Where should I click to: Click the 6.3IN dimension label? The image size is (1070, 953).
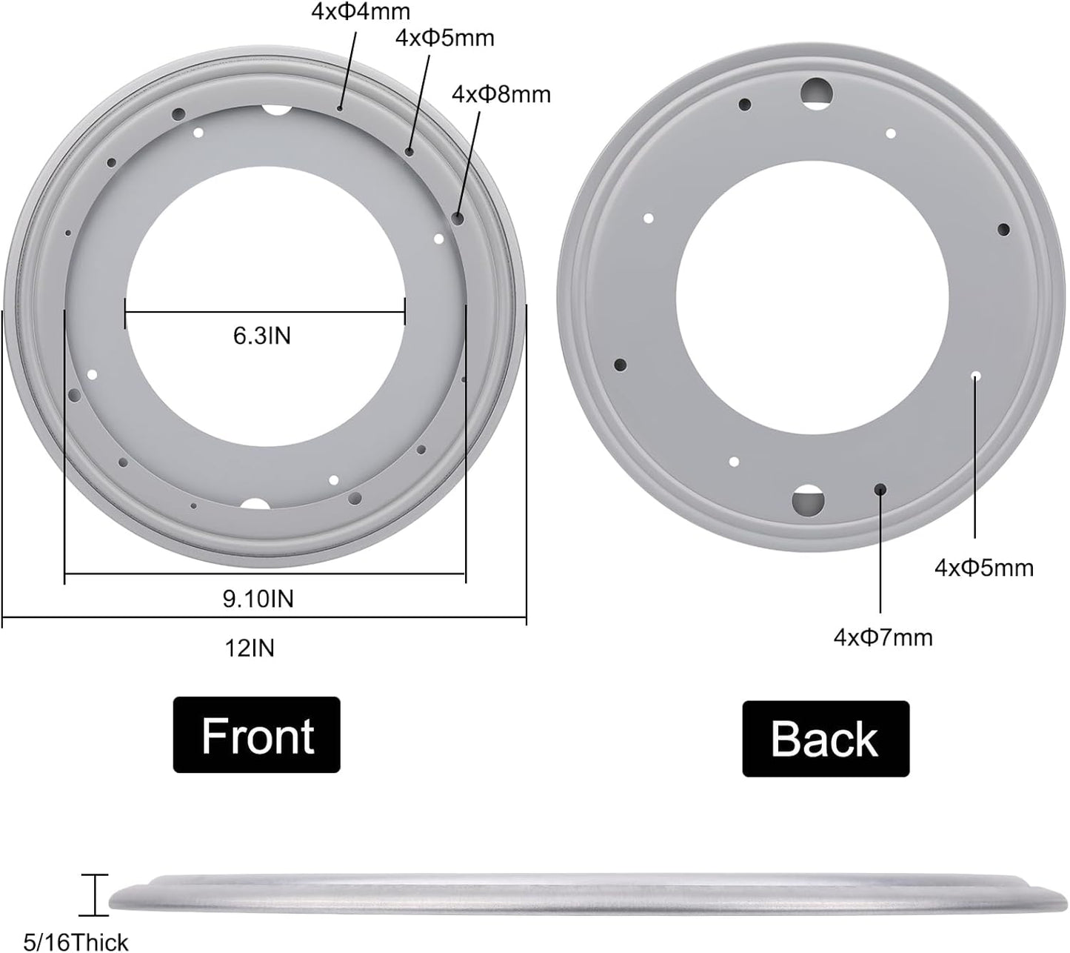tap(262, 336)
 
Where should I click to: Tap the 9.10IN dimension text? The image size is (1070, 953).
tap(258, 599)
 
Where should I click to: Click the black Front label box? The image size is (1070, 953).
tap(256, 734)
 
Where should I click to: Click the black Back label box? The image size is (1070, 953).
tap(825, 739)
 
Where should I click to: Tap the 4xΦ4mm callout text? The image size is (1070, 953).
tap(360, 13)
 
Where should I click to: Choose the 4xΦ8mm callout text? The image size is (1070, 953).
tap(501, 94)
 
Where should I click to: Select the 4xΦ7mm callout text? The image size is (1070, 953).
tap(883, 637)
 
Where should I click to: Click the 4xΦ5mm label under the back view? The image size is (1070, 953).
tap(983, 568)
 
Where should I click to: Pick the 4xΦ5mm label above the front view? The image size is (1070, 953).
tap(444, 38)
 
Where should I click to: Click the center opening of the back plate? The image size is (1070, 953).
tap(812, 296)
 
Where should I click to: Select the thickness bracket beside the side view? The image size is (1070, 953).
tap(94, 895)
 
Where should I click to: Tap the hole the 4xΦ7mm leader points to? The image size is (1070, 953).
tap(880, 489)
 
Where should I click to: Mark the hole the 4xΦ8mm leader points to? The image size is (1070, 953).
tap(458, 218)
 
